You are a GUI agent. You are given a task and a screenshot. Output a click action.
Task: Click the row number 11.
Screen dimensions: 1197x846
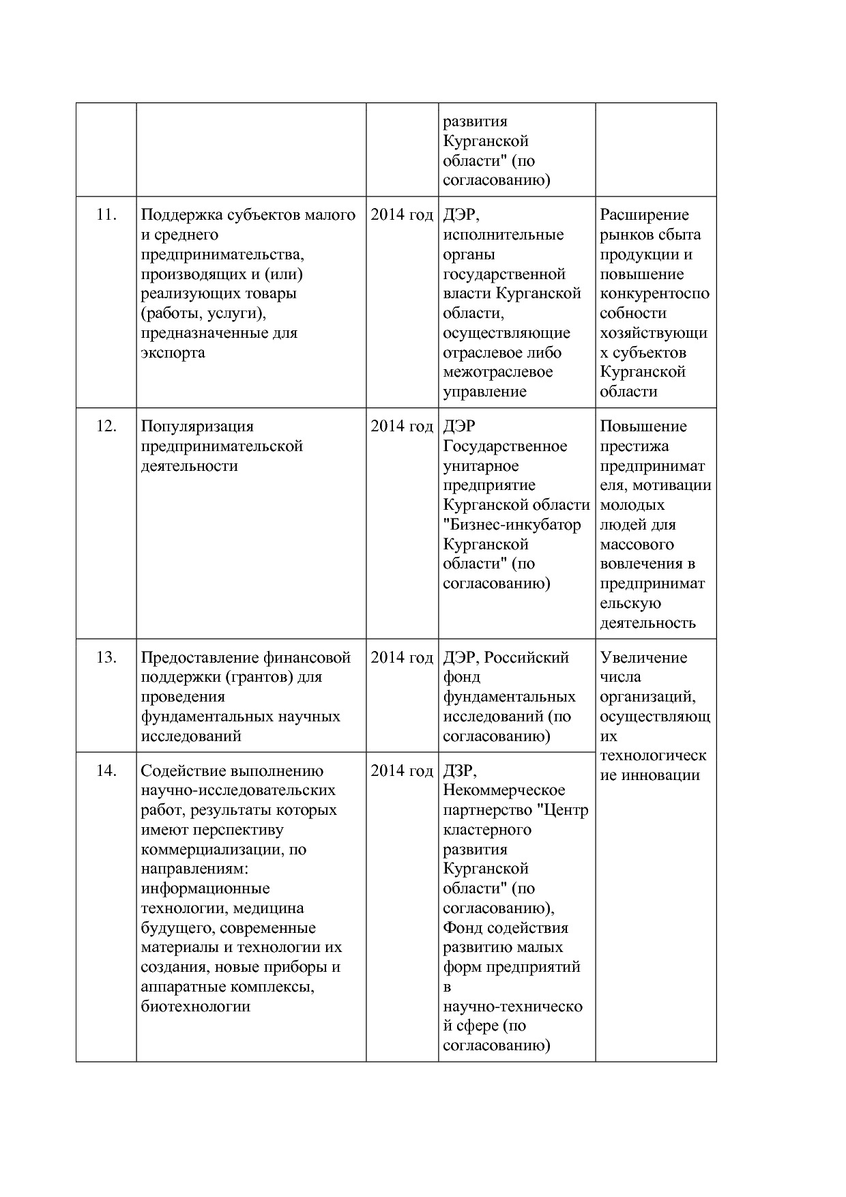[106, 215]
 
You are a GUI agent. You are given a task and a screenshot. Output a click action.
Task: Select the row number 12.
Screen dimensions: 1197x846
[106, 427]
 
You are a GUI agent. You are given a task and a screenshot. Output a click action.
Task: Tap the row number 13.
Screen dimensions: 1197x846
[106, 658]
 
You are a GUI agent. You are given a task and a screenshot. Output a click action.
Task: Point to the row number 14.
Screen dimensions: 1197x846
[106, 771]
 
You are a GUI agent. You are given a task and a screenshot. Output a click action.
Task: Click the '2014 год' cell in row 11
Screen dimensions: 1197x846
[402, 215]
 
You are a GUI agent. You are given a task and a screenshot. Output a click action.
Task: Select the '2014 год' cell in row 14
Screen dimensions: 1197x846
[402, 771]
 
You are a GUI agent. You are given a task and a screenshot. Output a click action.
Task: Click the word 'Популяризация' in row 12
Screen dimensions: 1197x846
[197, 427]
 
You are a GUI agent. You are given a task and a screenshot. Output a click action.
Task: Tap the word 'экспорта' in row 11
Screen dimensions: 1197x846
[173, 354]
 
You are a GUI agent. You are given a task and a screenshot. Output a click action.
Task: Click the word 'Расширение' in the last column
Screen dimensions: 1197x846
[645, 215]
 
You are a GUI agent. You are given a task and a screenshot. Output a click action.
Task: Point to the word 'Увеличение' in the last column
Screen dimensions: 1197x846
[643, 658]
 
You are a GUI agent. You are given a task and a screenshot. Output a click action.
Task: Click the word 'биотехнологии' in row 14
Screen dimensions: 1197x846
[195, 1007]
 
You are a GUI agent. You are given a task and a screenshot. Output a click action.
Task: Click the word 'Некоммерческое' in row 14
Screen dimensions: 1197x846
[504, 790]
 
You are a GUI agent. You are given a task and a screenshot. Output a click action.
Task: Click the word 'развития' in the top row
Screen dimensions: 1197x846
[476, 122]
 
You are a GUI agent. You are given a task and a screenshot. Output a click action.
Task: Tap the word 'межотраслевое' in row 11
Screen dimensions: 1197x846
[498, 373]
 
